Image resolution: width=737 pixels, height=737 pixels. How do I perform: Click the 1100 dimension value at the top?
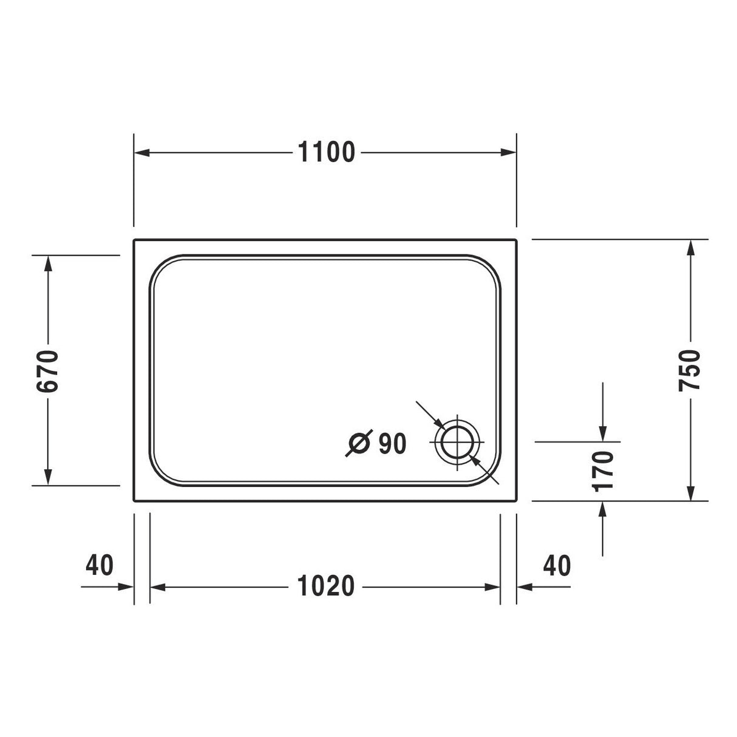coord(326,152)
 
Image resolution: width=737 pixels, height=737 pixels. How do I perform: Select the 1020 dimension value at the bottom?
coord(326,586)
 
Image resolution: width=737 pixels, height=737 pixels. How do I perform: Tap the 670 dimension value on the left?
coord(47,370)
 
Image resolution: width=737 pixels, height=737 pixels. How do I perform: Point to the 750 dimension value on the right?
coord(690,370)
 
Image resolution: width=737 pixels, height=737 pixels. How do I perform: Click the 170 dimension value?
coord(603,470)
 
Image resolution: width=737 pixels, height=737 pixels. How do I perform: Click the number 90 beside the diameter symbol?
coord(392,444)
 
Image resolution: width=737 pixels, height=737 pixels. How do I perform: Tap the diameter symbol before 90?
coord(358,444)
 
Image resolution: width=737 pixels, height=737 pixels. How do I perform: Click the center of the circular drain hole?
coord(457,441)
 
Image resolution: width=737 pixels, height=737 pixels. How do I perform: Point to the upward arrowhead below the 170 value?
coord(602,509)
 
